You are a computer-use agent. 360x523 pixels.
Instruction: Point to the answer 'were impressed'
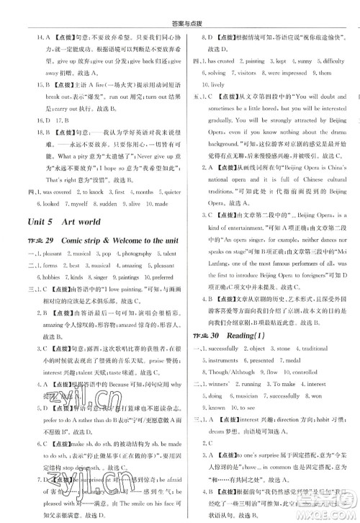[x=286, y=73]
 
